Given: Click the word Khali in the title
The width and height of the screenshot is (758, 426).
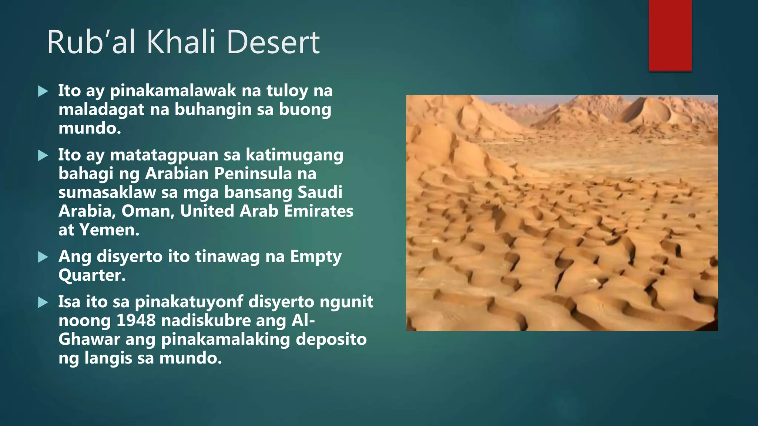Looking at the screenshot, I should point(181,42).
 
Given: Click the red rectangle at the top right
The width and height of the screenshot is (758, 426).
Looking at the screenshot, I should point(670,35).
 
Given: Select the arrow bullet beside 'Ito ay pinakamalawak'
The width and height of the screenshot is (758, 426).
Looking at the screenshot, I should point(43,91).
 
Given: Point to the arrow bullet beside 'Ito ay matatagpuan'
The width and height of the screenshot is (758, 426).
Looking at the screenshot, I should point(43,155).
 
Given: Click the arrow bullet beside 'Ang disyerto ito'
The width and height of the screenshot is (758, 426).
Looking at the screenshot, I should point(43,257).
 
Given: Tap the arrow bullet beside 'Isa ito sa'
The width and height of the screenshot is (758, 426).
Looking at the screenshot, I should point(43,302).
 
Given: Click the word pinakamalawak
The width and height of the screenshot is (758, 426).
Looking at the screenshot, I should point(173,91).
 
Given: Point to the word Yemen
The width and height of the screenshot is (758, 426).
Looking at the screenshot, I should point(109,230).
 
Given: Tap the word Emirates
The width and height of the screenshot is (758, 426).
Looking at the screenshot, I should point(318,211).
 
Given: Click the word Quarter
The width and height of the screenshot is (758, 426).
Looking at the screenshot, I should point(92,275).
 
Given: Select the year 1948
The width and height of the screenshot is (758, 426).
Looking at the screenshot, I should point(136,321).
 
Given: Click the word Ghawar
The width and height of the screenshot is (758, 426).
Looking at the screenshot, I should point(89,339).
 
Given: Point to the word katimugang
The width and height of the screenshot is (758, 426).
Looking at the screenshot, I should point(295,155).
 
